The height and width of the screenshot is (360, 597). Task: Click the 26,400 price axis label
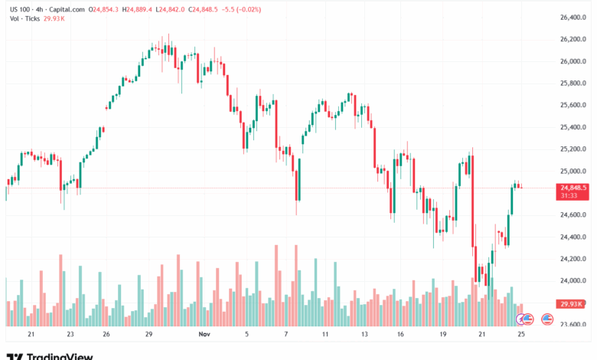pos(573,17)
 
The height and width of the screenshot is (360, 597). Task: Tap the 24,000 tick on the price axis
pos(573,281)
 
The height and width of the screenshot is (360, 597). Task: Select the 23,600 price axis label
pos(573,325)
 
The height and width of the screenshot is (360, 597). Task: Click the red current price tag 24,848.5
pos(573,188)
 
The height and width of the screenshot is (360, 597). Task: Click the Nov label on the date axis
pos(204,335)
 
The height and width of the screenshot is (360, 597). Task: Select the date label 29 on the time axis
pos(148,335)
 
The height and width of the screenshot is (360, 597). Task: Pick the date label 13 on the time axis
pos(364,335)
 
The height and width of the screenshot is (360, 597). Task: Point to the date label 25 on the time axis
pos(521,335)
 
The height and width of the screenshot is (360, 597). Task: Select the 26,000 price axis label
pos(573,61)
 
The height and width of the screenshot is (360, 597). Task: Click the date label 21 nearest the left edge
pos(31,335)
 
